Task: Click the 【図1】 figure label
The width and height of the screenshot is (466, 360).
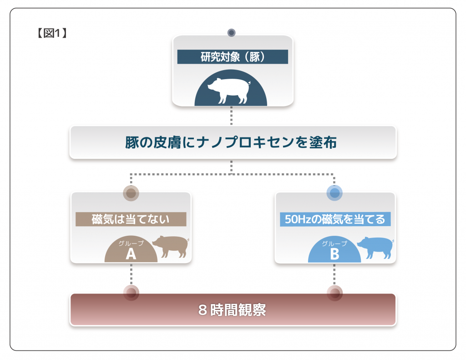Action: [x=51, y=33]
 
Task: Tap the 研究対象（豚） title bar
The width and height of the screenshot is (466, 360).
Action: [x=233, y=57]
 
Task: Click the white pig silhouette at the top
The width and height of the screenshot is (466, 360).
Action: [x=229, y=90]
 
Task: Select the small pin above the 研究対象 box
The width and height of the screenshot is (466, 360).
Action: [x=231, y=33]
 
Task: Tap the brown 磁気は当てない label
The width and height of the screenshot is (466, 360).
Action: [x=131, y=219]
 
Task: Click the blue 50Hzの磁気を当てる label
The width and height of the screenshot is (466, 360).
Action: [x=335, y=219]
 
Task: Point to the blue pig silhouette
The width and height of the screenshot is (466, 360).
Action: [x=375, y=246]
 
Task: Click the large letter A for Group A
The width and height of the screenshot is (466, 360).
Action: [x=131, y=254]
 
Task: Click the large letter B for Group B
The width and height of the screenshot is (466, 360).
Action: [x=334, y=254]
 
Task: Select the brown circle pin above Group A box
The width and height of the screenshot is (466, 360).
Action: [x=131, y=193]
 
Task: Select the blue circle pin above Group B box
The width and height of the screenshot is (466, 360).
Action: [x=334, y=193]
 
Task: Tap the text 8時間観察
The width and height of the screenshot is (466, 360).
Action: [x=233, y=310]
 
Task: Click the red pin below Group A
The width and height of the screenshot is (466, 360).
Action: [x=131, y=293]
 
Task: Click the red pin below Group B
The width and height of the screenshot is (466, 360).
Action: [x=335, y=293]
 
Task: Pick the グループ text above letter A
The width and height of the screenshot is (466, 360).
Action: [x=131, y=243]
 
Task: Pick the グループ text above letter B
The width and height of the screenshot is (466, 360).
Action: [x=334, y=243]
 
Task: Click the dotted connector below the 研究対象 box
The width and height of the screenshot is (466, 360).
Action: [x=231, y=116]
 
